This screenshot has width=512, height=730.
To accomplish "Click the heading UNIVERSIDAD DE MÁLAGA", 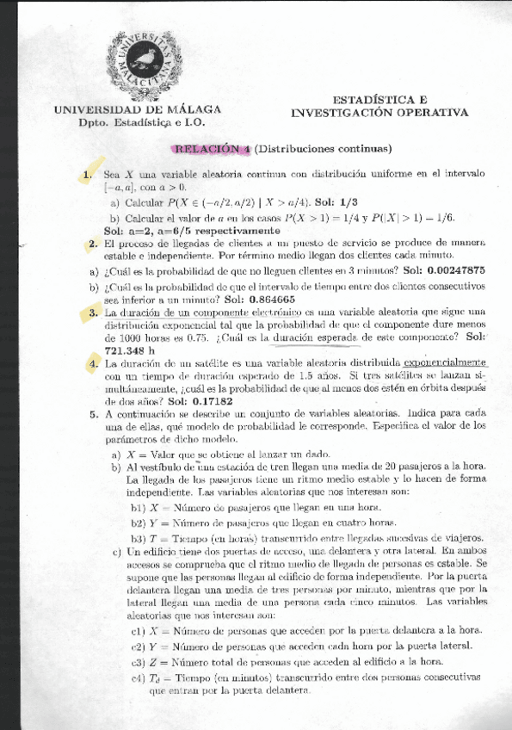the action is tap(138, 110).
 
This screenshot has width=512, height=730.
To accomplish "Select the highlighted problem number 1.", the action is tap(87, 175).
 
